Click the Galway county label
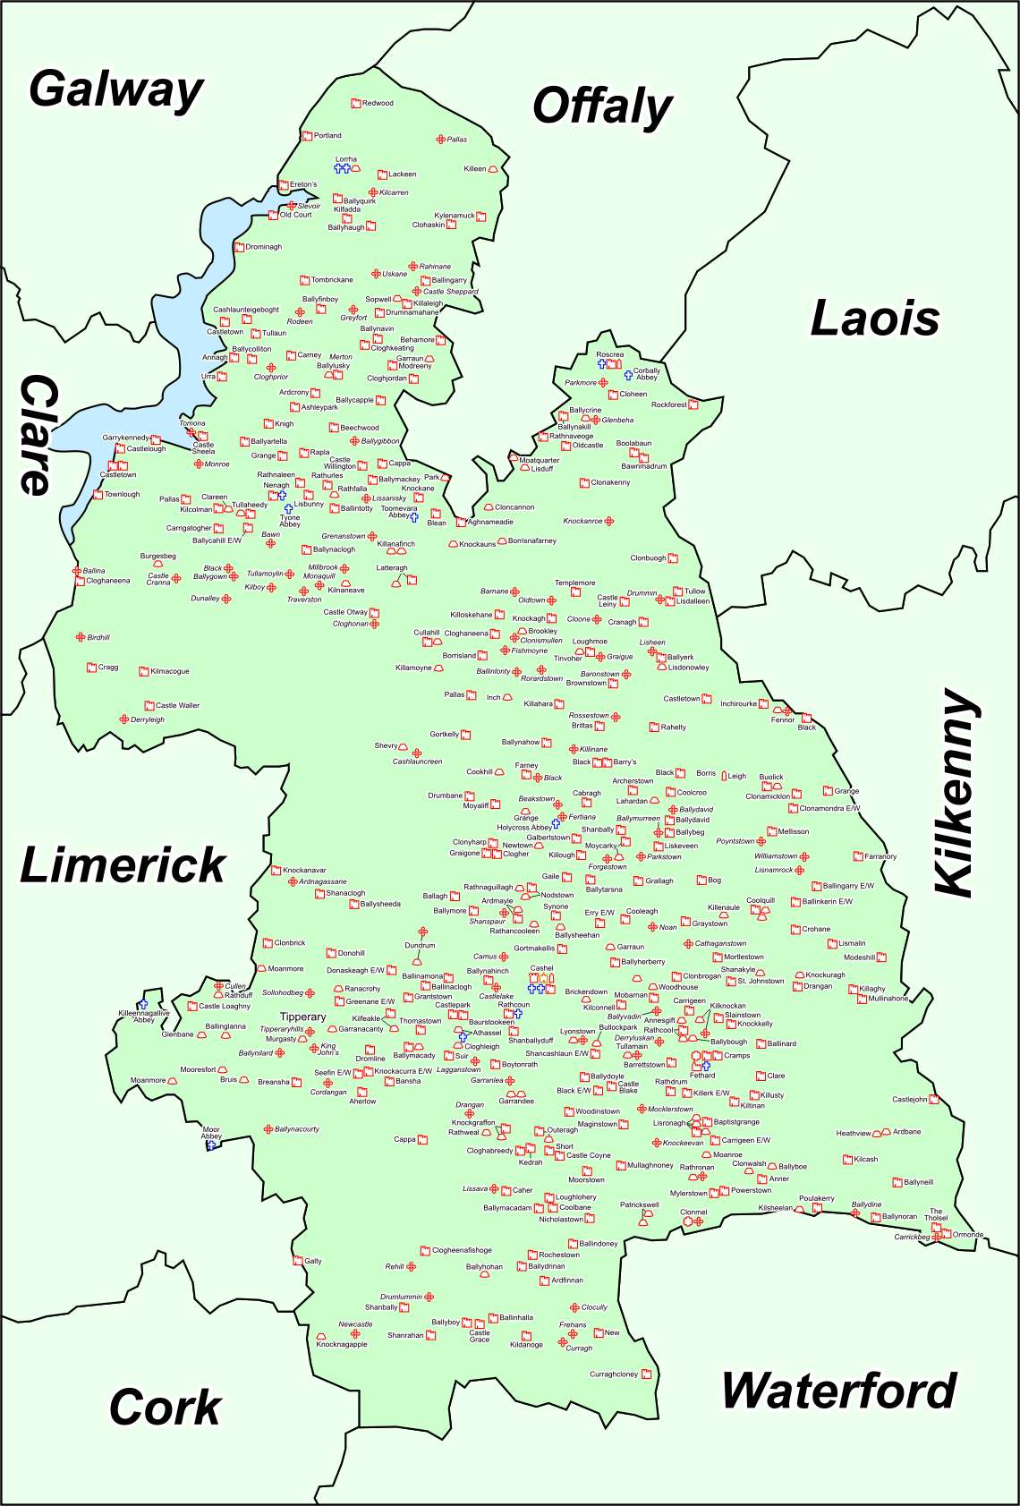(116, 90)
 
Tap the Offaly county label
(602, 107)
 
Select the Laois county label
(874, 319)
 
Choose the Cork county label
(165, 1408)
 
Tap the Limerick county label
(123, 865)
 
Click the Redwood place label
(378, 103)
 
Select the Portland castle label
(327, 136)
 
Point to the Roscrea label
(609, 354)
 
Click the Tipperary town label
(302, 1017)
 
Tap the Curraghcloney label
(614, 1374)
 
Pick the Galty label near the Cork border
(312, 1261)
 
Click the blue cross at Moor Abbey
(211, 1145)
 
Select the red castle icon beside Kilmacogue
(143, 671)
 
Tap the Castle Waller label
(177, 705)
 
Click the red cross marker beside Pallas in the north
(440, 140)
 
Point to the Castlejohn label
(909, 1099)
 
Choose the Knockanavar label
(304, 870)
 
